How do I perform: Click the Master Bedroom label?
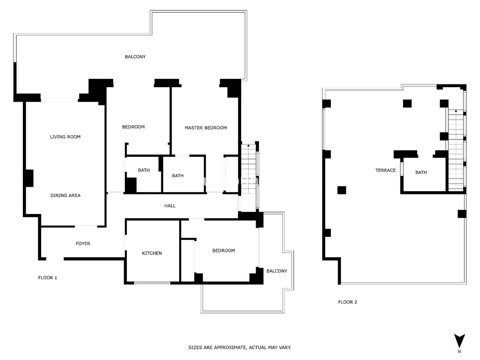(x=206, y=128)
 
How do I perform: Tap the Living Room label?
(x=65, y=137)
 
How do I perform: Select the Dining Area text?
(x=65, y=196)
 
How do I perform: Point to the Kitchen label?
(x=152, y=253)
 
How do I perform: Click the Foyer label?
(x=83, y=244)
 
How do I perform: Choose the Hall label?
(x=170, y=206)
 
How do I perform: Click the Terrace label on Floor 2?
(x=386, y=170)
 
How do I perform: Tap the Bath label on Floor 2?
(x=421, y=172)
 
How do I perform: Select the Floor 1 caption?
(x=48, y=278)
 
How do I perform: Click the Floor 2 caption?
(x=348, y=302)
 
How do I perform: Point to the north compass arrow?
(x=459, y=340)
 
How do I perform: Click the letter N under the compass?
(x=459, y=352)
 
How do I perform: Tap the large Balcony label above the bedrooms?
(x=135, y=57)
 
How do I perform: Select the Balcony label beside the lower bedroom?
(x=277, y=271)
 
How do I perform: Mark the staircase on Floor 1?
(x=248, y=169)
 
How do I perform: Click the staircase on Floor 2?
(x=456, y=150)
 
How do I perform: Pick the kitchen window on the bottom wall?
(x=152, y=283)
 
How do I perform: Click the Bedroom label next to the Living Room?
(x=133, y=127)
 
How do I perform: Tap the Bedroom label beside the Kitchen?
(x=224, y=250)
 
